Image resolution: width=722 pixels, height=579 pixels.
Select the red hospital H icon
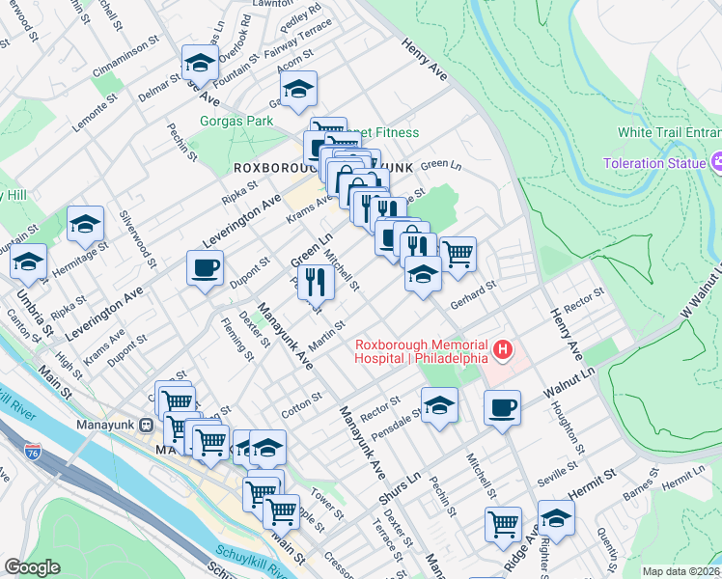click(x=502, y=348)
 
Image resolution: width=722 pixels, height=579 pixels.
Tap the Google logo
click(x=32, y=567)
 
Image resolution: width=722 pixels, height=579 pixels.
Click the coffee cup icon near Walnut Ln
click(x=501, y=407)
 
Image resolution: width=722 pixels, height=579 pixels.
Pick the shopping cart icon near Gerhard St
click(x=458, y=254)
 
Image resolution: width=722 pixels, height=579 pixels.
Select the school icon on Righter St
click(x=555, y=517)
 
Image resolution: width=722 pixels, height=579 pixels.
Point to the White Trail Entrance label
click(x=670, y=132)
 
